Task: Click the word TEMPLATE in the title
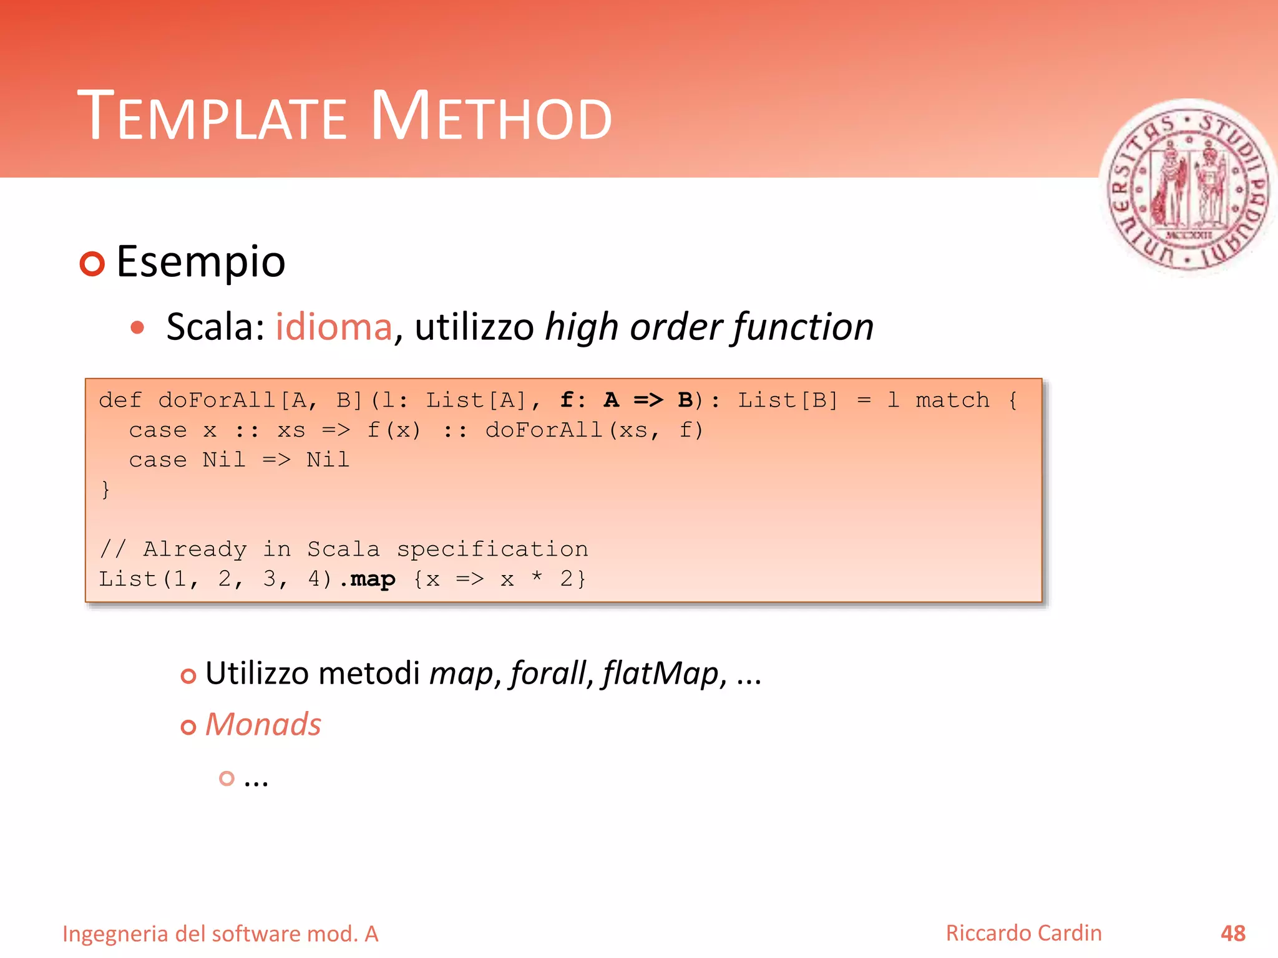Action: pos(212,117)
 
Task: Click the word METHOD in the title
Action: pos(491,117)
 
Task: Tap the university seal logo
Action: pos(1188,187)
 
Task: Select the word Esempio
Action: pos(200,262)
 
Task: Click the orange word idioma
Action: pos(334,327)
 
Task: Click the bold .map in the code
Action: pos(368,579)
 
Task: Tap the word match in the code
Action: pos(952,400)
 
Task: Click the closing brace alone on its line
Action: pos(105,490)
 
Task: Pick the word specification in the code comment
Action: pos(492,549)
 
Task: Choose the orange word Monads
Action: pos(263,725)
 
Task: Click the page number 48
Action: pos(1232,934)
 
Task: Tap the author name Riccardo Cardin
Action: pos(1023,934)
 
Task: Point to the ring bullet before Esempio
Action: pos(92,264)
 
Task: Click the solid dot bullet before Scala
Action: pos(138,327)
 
